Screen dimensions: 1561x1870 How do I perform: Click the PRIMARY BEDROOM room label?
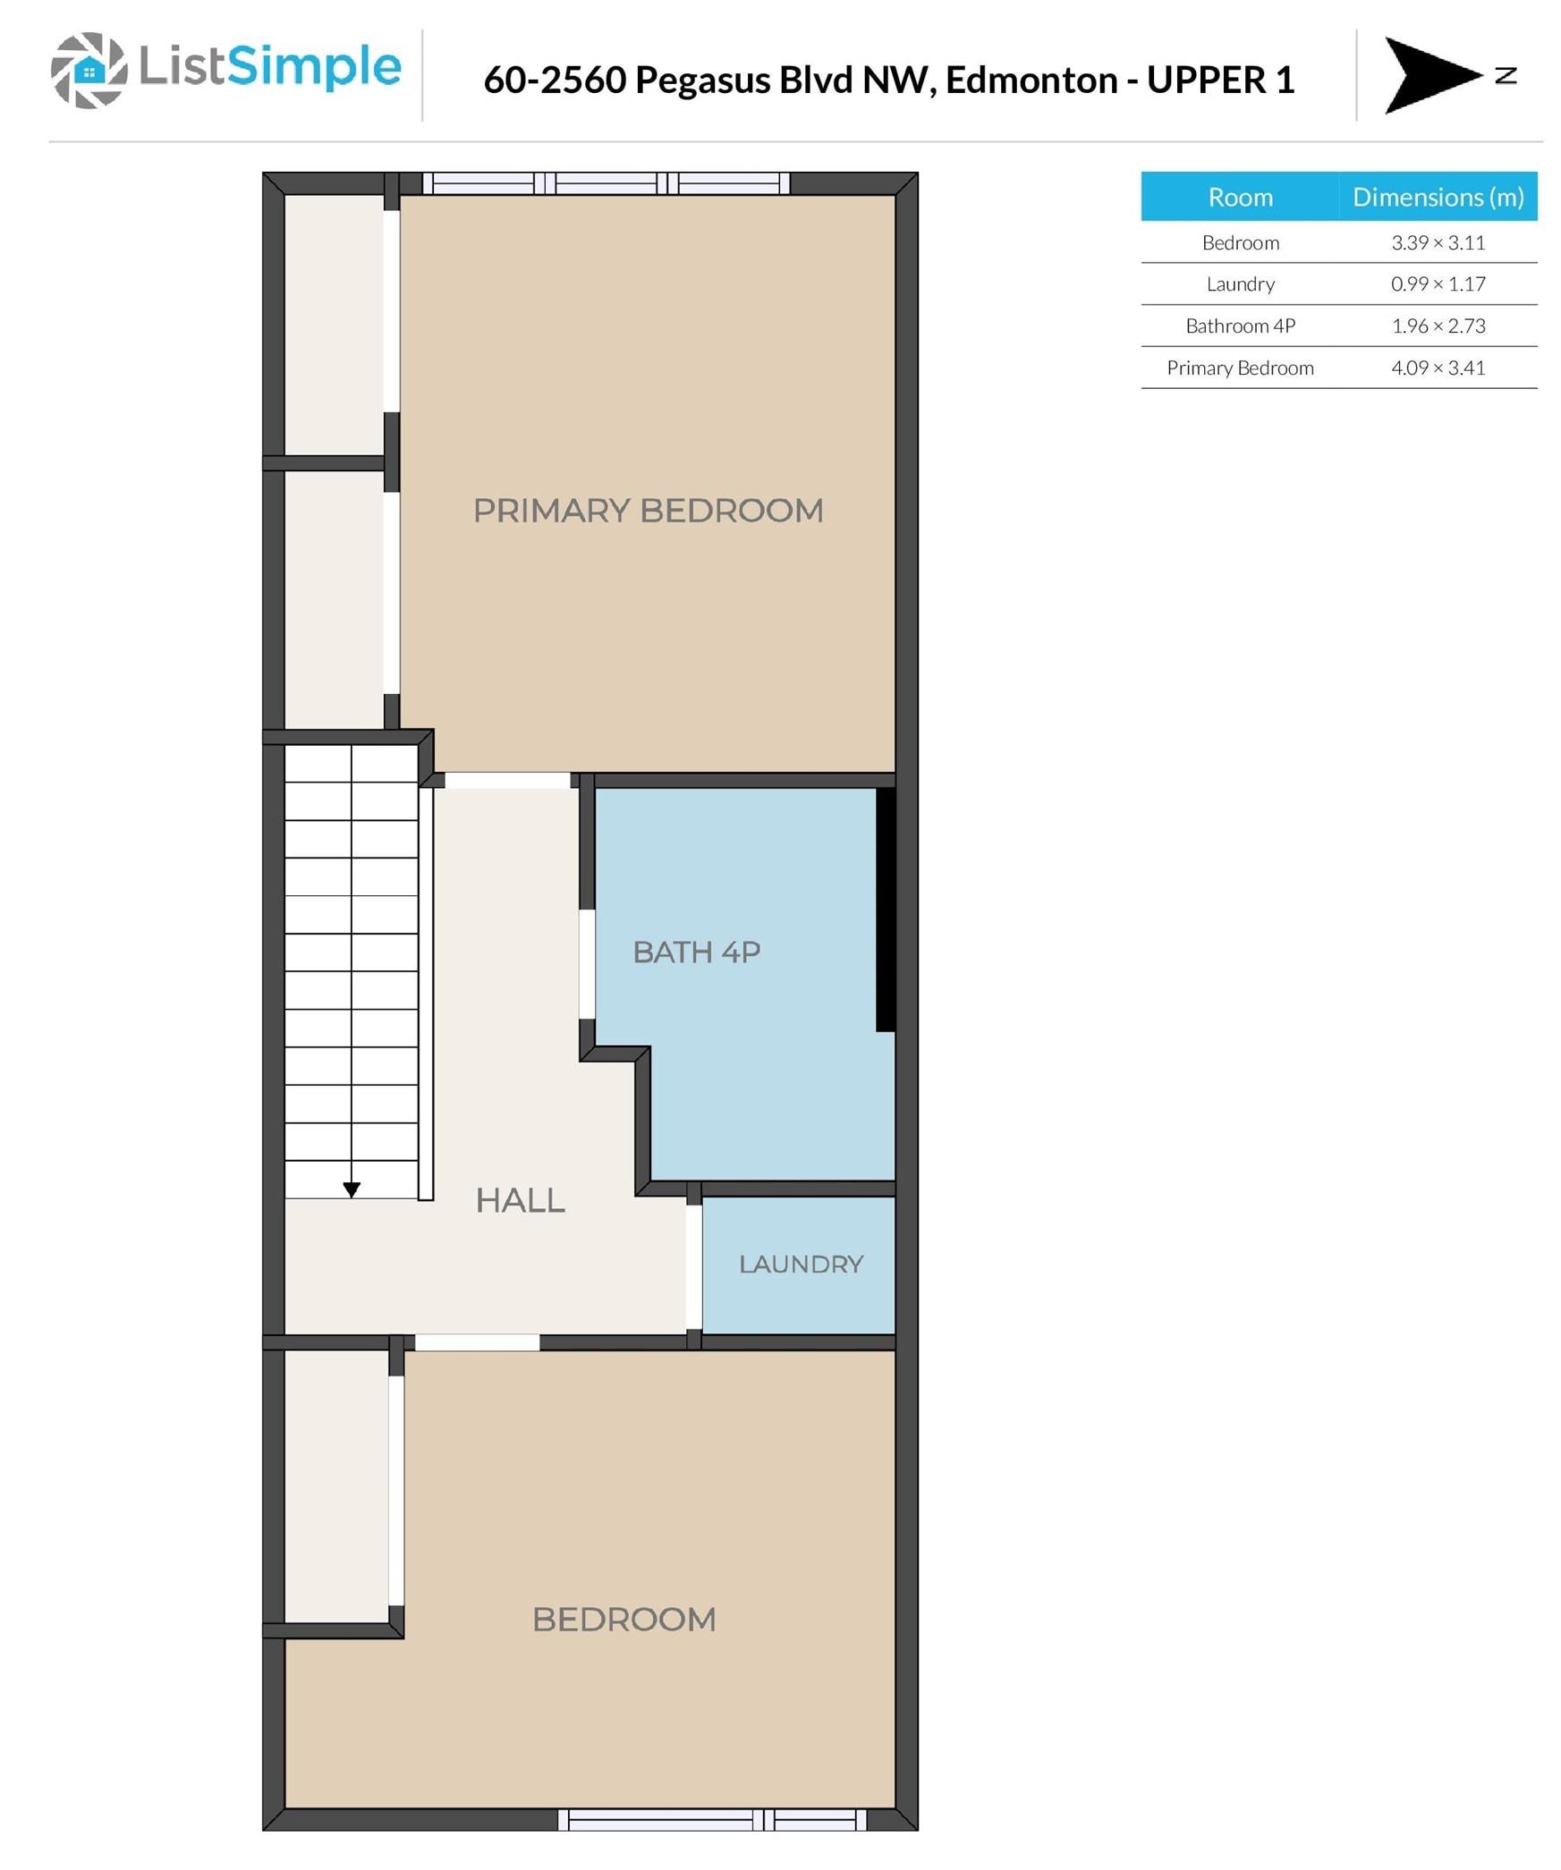(x=648, y=511)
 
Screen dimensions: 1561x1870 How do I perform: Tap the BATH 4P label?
(x=697, y=952)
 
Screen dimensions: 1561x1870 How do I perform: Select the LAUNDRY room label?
(x=801, y=1264)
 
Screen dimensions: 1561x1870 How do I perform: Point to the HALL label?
(x=520, y=1200)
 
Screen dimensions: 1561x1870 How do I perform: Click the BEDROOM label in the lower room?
(x=624, y=1619)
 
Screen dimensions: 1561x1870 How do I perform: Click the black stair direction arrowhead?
(x=352, y=1189)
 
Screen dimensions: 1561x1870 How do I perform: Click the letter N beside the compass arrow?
(x=1506, y=75)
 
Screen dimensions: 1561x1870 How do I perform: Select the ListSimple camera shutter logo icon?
(x=89, y=70)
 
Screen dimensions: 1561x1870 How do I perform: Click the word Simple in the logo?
(x=314, y=68)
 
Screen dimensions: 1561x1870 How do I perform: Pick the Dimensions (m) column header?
(x=1438, y=197)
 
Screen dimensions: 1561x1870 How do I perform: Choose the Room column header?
(x=1240, y=197)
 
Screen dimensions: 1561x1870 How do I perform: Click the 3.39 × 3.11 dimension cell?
(x=1438, y=242)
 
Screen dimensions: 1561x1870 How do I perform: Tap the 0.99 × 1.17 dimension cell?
(x=1438, y=283)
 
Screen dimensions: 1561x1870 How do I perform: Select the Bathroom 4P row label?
(x=1240, y=326)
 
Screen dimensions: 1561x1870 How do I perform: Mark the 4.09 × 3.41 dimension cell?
(x=1438, y=368)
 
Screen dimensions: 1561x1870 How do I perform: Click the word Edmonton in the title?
(x=1031, y=80)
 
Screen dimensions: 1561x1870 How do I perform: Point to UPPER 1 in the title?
(x=1220, y=80)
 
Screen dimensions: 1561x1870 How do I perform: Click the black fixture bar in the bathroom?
(x=886, y=909)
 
